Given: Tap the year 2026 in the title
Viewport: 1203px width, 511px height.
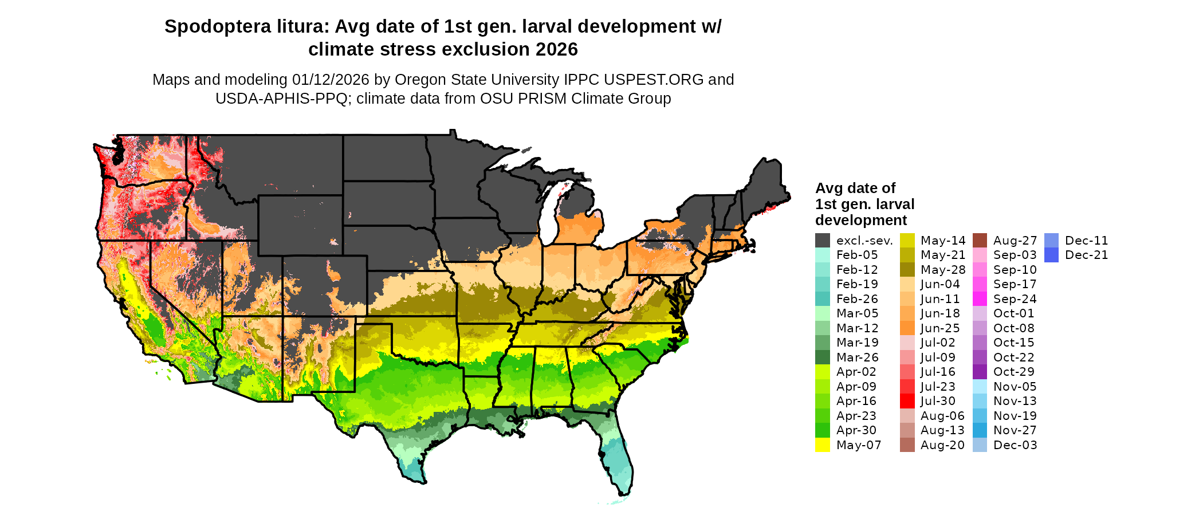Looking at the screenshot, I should [557, 50].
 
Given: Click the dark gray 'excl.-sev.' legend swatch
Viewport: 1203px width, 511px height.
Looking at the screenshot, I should [823, 241].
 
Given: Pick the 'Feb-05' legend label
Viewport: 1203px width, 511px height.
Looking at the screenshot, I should [857, 255].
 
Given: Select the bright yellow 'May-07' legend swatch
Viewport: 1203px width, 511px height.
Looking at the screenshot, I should [823, 445].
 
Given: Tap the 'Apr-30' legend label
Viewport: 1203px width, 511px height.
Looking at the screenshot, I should [856, 430].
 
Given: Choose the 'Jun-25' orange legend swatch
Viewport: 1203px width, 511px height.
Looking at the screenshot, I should [907, 328].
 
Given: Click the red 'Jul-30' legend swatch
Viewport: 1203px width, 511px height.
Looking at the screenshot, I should [907, 401].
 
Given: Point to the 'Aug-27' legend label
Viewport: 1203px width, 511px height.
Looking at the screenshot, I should [1015, 241].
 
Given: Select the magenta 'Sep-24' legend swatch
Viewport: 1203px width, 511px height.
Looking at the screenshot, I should [980, 299].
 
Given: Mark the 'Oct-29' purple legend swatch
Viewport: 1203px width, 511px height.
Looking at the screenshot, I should [980, 372].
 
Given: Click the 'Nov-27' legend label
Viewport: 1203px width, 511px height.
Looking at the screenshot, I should [1015, 430].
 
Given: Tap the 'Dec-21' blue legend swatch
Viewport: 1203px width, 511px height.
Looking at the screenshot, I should [1051, 255].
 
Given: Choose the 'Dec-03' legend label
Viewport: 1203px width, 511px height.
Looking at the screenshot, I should [1015, 445].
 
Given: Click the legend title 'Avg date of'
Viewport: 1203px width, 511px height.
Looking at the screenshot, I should [855, 188].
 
